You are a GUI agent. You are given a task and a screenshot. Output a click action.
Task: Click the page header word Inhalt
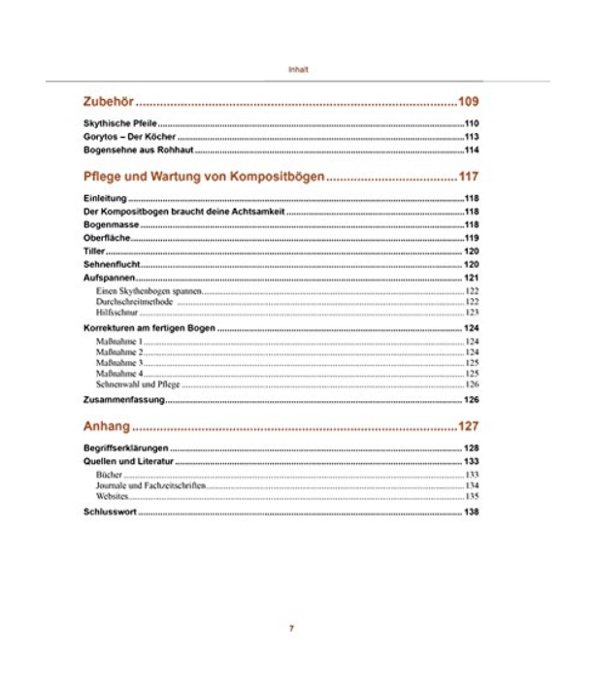[298, 70]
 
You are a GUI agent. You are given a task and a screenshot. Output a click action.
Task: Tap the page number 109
[469, 101]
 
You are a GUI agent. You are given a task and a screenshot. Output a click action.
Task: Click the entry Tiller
[93, 251]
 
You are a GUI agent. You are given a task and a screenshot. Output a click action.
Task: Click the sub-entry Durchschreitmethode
[135, 302]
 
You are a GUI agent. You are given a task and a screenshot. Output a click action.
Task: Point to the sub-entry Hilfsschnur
[117, 313]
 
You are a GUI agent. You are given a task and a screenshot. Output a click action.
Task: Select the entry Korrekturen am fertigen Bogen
[149, 330]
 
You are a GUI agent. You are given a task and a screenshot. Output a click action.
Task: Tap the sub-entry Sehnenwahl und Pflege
[139, 384]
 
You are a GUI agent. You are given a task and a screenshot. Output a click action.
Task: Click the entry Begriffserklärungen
[127, 449]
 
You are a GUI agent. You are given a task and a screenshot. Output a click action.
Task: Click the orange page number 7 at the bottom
[291, 628]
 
